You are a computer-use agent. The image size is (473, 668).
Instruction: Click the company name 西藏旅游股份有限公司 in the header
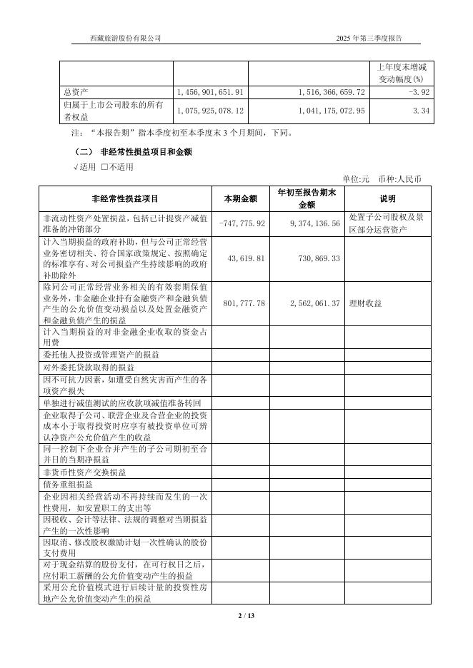tap(126, 38)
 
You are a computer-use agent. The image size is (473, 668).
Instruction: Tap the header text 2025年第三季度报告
tap(373, 38)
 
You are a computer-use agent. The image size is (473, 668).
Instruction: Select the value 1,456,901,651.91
tap(210, 92)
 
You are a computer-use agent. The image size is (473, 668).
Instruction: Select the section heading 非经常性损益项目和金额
tap(146, 152)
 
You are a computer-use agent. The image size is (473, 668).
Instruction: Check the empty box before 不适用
tap(104, 167)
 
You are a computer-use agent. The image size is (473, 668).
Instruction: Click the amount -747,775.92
tap(242, 223)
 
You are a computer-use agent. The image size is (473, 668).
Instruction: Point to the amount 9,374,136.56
tap(314, 223)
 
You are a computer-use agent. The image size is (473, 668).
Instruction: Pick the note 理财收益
tap(365, 303)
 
